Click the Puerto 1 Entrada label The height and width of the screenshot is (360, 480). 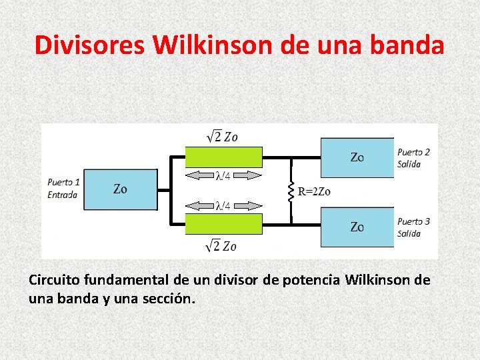[64, 188]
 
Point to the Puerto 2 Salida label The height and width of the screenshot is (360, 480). [413, 158]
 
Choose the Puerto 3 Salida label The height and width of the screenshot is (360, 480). [413, 227]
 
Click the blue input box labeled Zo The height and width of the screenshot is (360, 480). [121, 189]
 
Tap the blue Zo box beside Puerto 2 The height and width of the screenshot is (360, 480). [357, 157]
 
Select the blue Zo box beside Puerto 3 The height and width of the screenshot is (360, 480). [357, 227]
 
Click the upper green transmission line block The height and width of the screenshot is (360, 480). [223, 157]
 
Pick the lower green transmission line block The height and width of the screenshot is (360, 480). [223, 224]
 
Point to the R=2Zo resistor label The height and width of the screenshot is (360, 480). [314, 193]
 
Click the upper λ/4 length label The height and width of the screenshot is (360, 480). [223, 176]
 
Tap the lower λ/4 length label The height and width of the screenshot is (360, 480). [223, 205]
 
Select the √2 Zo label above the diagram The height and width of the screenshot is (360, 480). [222, 137]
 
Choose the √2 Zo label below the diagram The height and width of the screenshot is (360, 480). [222, 245]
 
